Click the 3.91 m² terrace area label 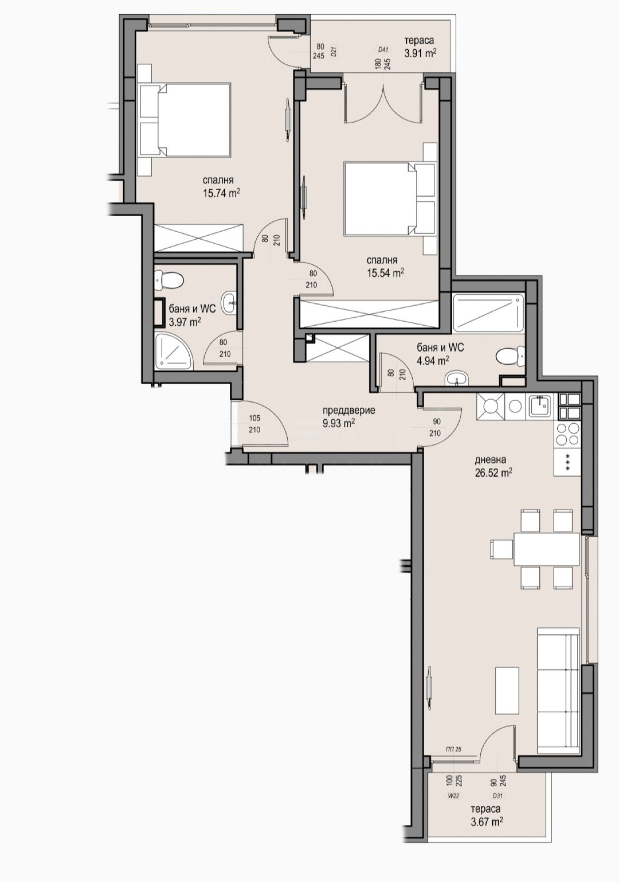pyautogui.click(x=420, y=53)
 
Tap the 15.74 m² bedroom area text pyautogui.click(x=222, y=193)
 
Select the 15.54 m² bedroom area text pyautogui.click(x=385, y=273)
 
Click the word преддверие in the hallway pyautogui.click(x=349, y=410)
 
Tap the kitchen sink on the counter pyautogui.click(x=541, y=406)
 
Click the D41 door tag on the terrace pyautogui.click(x=383, y=49)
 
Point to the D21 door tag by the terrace pyautogui.click(x=334, y=51)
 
